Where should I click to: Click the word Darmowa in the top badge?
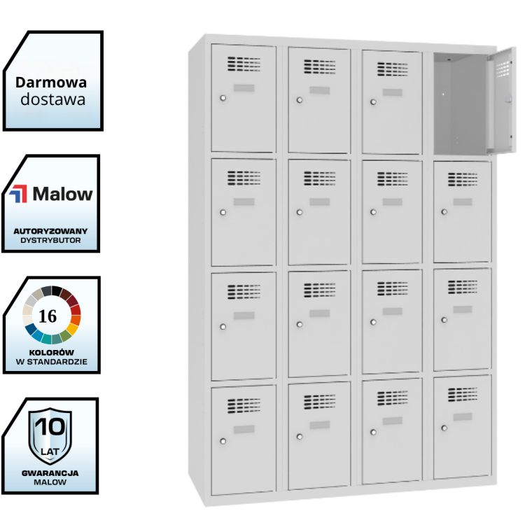52,83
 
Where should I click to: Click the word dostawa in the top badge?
52,99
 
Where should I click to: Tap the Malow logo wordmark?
62,194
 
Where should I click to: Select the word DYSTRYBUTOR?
51,240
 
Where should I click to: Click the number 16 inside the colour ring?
48,316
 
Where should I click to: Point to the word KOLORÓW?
51,351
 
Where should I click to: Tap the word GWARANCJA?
51,472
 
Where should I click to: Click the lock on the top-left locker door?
223,98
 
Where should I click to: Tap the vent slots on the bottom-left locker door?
243,405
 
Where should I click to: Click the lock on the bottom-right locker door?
444,428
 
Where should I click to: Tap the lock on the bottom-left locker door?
223,441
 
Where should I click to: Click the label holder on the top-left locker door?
244,87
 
